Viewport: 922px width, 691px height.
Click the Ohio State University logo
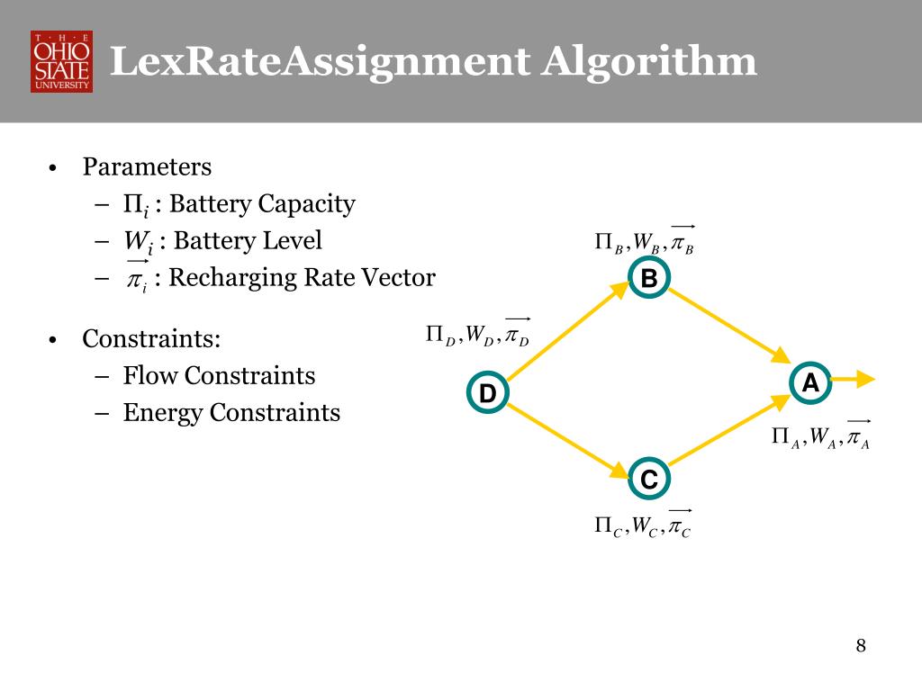61,61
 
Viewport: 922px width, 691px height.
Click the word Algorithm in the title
649,63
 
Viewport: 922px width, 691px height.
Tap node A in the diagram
810,383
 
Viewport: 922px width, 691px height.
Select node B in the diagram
648,279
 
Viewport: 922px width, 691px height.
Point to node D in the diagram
487,393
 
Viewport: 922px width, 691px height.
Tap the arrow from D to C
567,441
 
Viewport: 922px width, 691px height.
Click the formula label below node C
643,525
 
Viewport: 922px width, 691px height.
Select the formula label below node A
820,437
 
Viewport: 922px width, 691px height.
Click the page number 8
861,646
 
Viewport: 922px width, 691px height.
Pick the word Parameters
147,167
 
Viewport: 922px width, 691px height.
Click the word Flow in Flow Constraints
148,375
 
